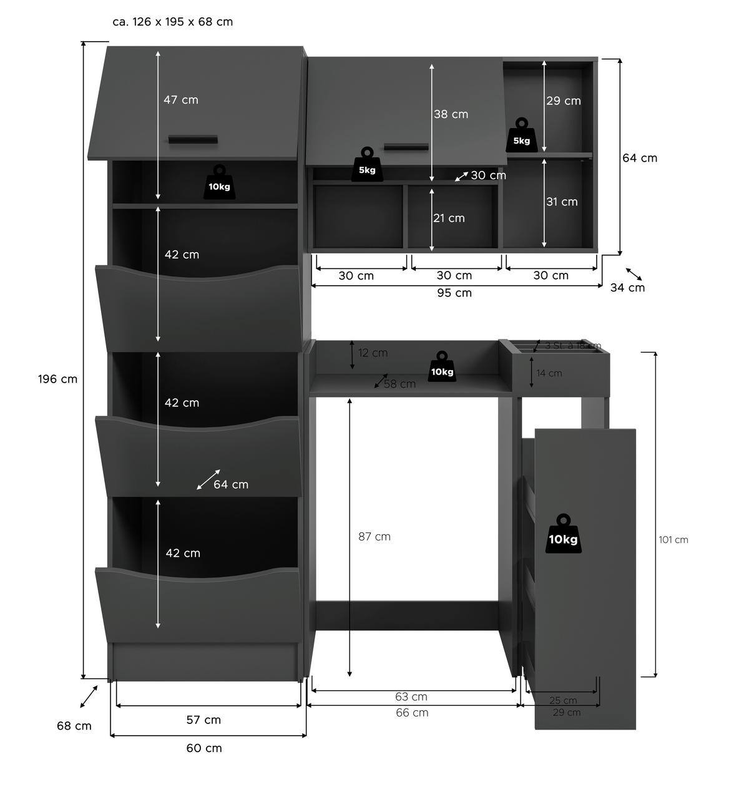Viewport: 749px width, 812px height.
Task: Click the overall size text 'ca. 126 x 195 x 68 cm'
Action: click(172, 22)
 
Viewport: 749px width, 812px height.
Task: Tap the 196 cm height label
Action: click(57, 379)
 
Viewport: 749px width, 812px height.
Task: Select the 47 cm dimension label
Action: click(181, 100)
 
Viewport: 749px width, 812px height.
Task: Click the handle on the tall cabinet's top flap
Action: click(193, 139)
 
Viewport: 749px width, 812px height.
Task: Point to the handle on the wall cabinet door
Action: click(406, 147)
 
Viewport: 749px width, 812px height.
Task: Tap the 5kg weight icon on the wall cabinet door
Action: click(367, 165)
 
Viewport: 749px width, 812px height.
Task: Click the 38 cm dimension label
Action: click(451, 114)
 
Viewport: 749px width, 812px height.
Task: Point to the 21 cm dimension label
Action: click(449, 218)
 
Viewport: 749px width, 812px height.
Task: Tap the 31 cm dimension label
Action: click(562, 202)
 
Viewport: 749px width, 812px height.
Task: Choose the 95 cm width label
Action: click(454, 293)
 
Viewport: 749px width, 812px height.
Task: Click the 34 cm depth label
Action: click(627, 288)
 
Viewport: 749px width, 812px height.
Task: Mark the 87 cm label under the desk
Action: click(374, 537)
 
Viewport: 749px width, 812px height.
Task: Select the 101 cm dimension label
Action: click(673, 540)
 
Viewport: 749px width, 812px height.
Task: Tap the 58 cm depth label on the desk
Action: click(399, 384)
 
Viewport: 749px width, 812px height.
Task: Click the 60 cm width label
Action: click(204, 748)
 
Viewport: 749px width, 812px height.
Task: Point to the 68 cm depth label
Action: click(74, 726)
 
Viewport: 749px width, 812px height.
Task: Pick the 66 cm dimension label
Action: click(412, 713)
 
